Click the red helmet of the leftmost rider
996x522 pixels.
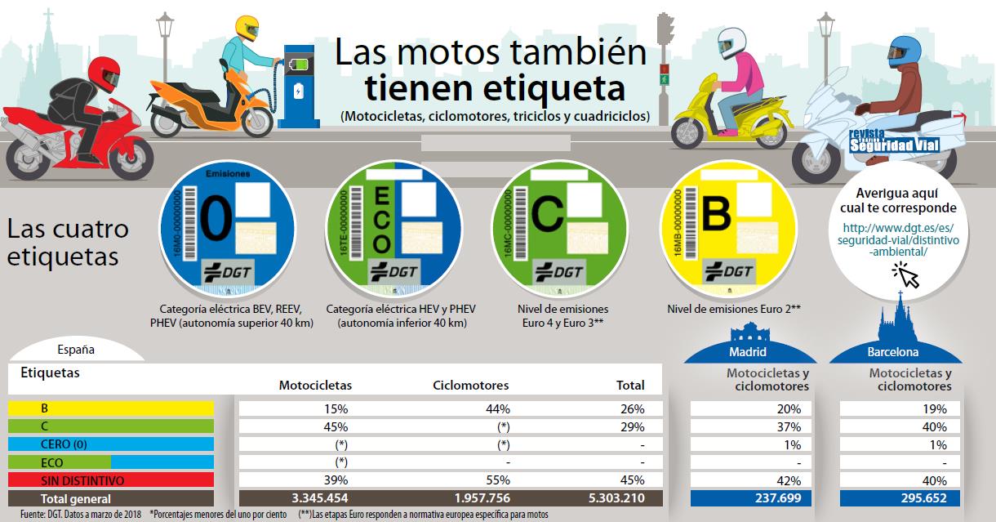pyautogui.click(x=103, y=74)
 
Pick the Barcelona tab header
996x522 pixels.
pyautogui.click(x=896, y=352)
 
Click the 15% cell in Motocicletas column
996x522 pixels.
pyautogui.click(x=336, y=408)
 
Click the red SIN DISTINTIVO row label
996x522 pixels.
pyautogui.click(x=111, y=480)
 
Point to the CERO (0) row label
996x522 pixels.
pyautogui.click(x=111, y=444)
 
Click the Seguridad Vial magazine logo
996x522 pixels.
pyautogui.click(x=893, y=144)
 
